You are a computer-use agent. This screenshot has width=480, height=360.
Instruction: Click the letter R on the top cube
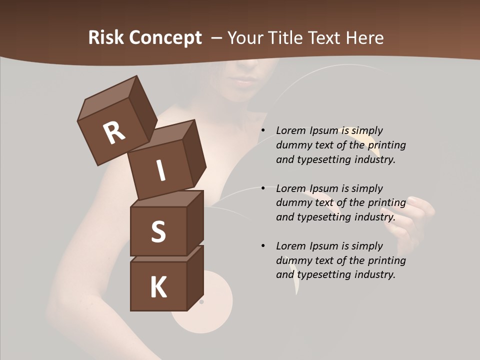tap(114, 132)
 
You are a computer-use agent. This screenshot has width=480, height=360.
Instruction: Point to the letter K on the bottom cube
tap(158, 287)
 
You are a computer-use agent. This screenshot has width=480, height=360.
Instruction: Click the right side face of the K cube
tap(195, 277)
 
